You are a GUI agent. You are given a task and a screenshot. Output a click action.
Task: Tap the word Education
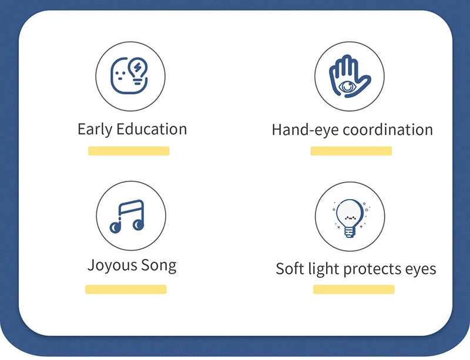coord(152,129)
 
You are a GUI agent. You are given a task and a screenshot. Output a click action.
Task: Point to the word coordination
coord(388,130)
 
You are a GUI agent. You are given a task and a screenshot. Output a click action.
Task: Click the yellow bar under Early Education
coord(129,151)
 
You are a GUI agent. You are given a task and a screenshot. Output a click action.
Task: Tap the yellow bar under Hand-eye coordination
coord(351,151)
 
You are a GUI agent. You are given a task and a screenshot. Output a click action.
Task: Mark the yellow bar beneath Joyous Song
coord(126,289)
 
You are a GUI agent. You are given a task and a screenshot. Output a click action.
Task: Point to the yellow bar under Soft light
coord(353,289)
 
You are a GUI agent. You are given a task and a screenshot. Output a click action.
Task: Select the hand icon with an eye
coord(349,76)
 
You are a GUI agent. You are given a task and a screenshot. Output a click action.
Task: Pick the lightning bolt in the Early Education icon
coord(139,68)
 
